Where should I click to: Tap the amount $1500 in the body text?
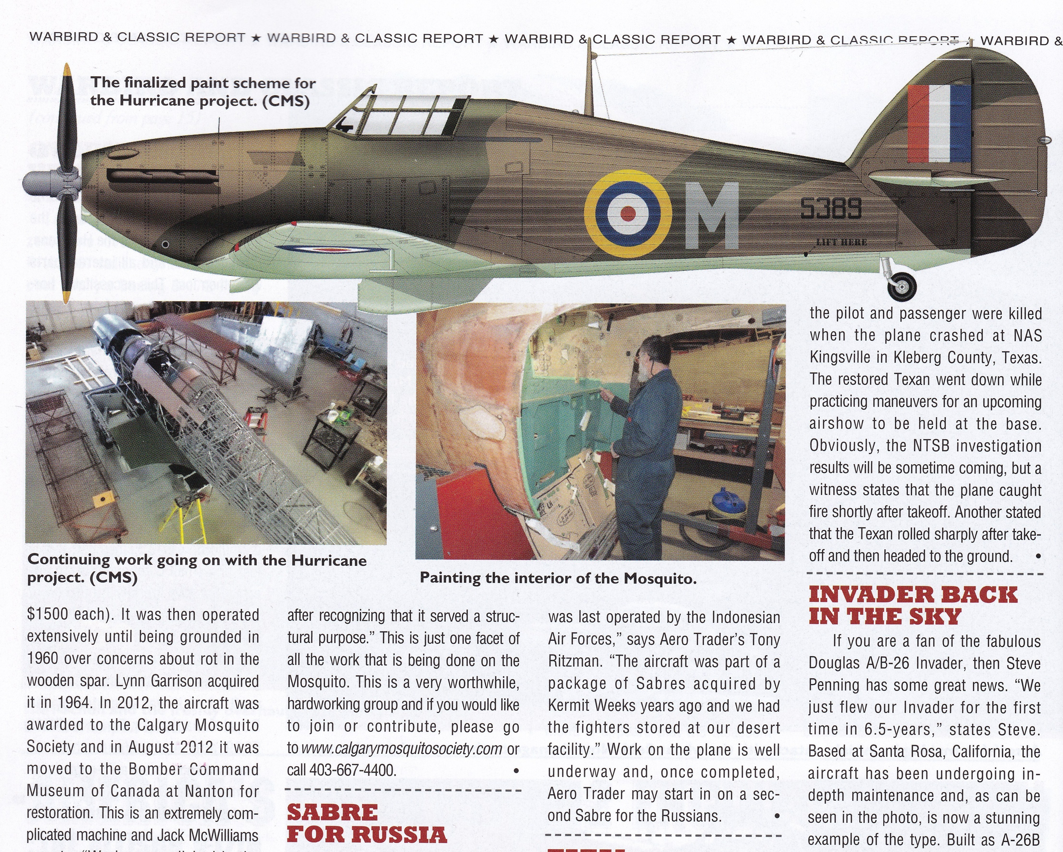(x=48, y=615)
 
